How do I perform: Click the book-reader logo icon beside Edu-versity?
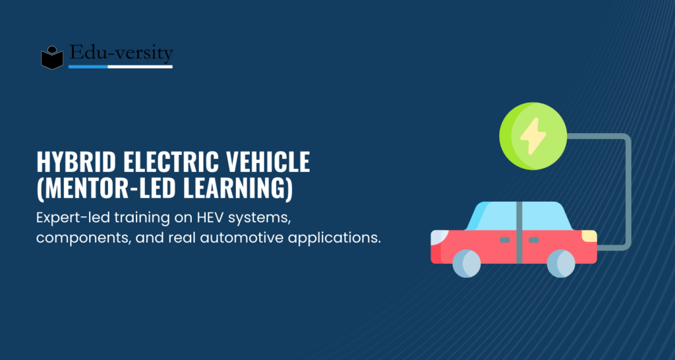pyautogui.click(x=52, y=57)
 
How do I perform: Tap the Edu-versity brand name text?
pyautogui.click(x=121, y=53)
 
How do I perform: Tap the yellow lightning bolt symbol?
pyautogui.click(x=533, y=136)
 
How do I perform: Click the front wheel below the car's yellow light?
pyautogui.click(x=561, y=263)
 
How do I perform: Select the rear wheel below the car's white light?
pyautogui.click(x=467, y=263)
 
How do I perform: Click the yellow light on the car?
pyautogui.click(x=589, y=236)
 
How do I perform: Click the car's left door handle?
pyautogui.click(x=504, y=240)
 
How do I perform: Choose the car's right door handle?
pyautogui.click(x=534, y=240)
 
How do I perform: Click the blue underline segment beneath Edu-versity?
pyautogui.click(x=88, y=67)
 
